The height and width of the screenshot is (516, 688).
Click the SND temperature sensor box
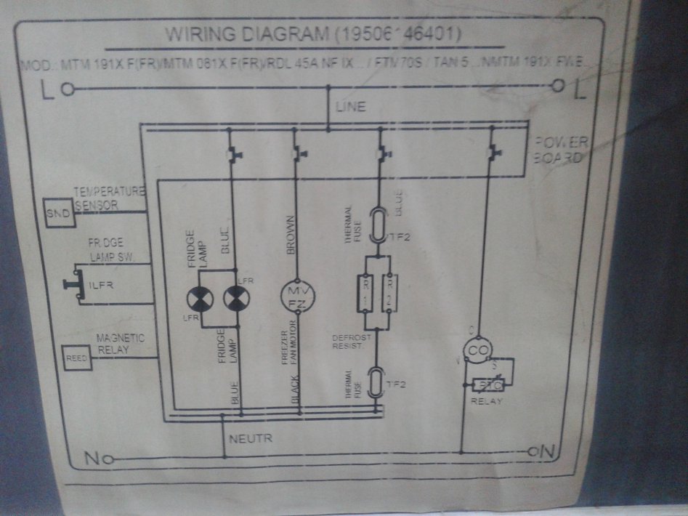(x=57, y=213)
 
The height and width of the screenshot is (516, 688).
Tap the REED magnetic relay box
(x=77, y=358)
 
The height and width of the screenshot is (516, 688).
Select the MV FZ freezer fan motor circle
(x=298, y=295)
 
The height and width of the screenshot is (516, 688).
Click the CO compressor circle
(x=477, y=352)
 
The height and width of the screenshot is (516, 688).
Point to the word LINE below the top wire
(x=350, y=107)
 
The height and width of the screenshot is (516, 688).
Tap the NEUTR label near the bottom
(x=250, y=439)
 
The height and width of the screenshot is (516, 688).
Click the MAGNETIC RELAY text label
(x=121, y=344)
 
